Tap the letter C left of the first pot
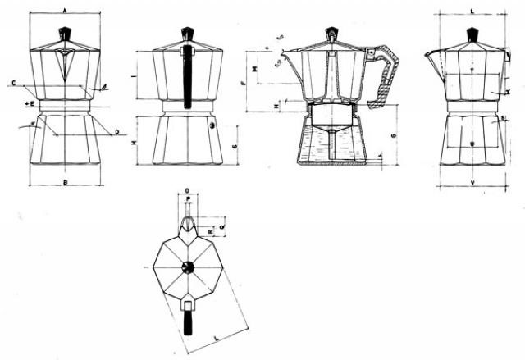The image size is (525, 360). click(16, 83)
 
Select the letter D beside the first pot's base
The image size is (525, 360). click(116, 130)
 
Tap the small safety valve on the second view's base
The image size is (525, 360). click(213, 125)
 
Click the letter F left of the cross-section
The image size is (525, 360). click(244, 84)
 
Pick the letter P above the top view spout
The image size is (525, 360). click(187, 199)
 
